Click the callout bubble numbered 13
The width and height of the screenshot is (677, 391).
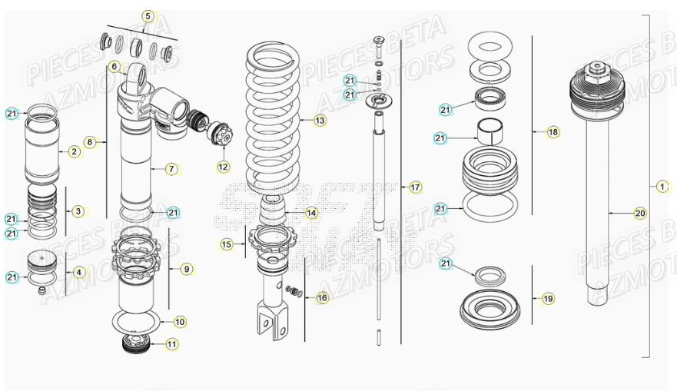pos(320,120)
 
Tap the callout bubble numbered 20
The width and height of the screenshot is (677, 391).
pos(640,213)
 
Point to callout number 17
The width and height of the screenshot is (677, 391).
pos(415,187)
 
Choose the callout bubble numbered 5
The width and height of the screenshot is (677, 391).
pos(148,15)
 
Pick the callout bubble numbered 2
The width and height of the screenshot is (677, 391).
pos(74,151)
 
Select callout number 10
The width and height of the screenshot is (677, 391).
pos(179,321)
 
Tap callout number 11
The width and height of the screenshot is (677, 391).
pos(171,344)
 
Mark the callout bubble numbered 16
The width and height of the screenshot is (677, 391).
pos(322,297)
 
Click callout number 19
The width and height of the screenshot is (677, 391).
pos(548,298)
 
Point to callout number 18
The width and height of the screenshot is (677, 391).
pos(553,132)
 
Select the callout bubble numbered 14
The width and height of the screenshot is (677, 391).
pos(310,213)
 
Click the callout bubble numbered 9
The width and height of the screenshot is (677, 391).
pos(187,269)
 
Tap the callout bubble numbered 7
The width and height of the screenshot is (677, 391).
pos(171,168)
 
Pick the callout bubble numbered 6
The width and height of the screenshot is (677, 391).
pos(114,67)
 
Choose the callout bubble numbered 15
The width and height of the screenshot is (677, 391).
pos(226,244)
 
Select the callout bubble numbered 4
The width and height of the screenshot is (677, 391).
pos(80,271)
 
